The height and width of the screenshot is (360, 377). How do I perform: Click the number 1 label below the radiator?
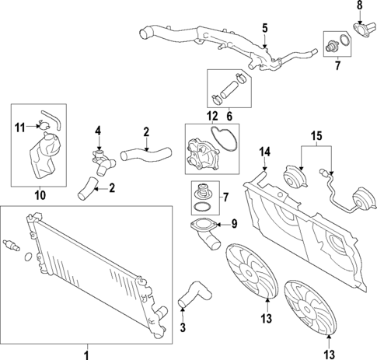pos(86,354)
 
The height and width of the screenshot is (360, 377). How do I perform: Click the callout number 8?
pos(359,6)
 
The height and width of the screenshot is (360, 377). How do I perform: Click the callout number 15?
pos(316,138)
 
